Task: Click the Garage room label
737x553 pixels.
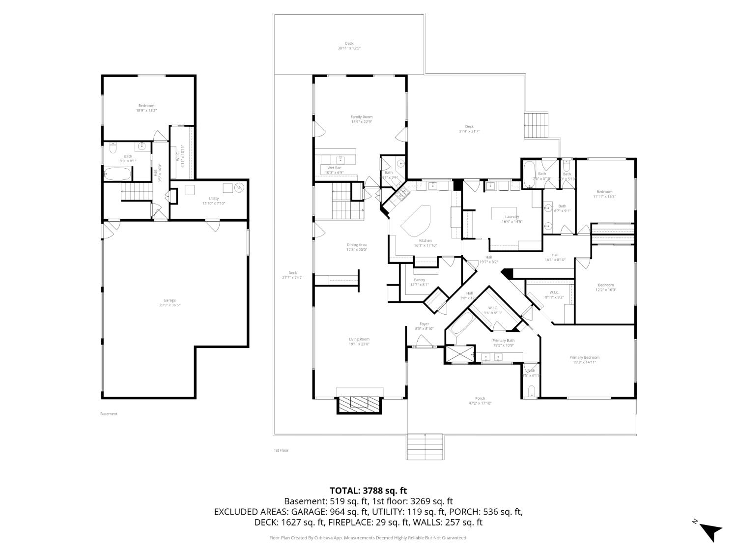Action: coord(170,300)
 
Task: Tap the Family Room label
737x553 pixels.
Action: coord(361,117)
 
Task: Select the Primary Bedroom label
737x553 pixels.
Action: coord(584,357)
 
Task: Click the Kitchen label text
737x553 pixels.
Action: coord(425,240)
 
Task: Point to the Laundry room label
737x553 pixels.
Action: coord(511,217)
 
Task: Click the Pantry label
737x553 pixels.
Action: coord(419,280)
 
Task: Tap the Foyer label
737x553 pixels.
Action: coord(424,324)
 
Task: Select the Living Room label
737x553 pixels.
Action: coord(359,339)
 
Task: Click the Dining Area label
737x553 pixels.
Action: coord(357,245)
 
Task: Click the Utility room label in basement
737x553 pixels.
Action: coord(213,199)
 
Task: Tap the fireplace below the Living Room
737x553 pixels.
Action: coord(359,403)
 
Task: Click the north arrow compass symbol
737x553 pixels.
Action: coord(709,531)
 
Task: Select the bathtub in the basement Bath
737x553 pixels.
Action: coord(117,174)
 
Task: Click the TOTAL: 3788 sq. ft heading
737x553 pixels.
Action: coord(368,490)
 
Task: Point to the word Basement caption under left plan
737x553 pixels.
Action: coord(109,414)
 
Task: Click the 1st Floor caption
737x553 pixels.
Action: coord(281,450)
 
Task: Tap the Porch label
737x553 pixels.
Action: coord(480,398)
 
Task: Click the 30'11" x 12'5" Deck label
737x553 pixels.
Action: coord(349,46)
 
